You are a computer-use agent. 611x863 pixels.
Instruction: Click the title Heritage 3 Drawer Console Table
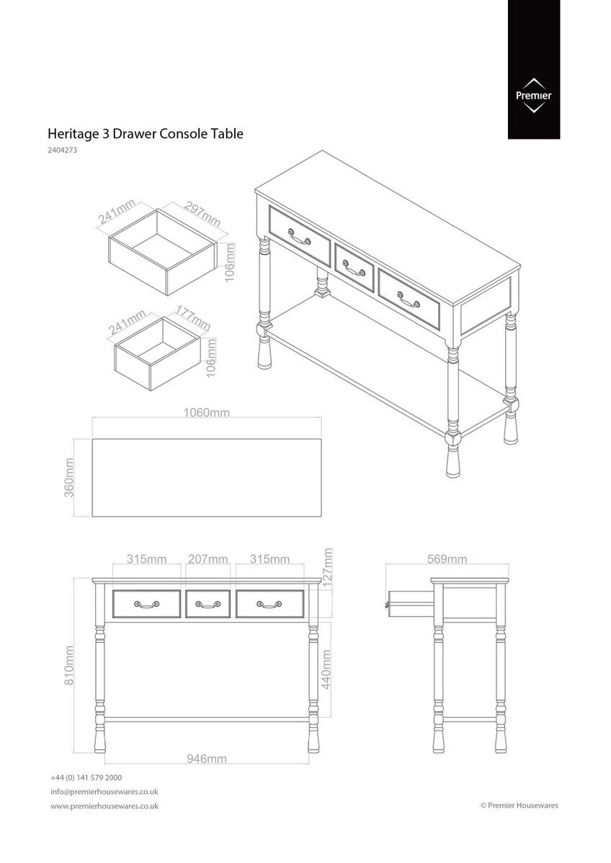pyautogui.click(x=145, y=133)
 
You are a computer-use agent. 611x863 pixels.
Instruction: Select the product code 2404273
pyautogui.click(x=62, y=151)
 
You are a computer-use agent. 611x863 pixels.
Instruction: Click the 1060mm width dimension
pyautogui.click(x=206, y=413)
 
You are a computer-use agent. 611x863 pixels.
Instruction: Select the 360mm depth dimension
pyautogui.click(x=70, y=476)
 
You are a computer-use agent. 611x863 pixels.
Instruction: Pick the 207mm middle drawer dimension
pyautogui.click(x=208, y=559)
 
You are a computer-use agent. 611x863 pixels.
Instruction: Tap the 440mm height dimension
pyautogui.click(x=326, y=669)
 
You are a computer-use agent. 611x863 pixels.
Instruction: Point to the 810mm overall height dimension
pyautogui.click(x=70, y=664)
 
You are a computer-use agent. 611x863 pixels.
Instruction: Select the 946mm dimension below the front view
pyautogui.click(x=206, y=759)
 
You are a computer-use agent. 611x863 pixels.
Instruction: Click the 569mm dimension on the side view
pyautogui.click(x=447, y=559)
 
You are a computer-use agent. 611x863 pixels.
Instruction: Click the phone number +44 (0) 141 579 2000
pyautogui.click(x=86, y=778)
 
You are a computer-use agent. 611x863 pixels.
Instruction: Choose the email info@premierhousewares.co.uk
pyautogui.click(x=104, y=792)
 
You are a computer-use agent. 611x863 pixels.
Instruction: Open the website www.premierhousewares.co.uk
pyautogui.click(x=104, y=806)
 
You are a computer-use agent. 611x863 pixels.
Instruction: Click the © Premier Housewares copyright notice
pyautogui.click(x=519, y=806)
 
